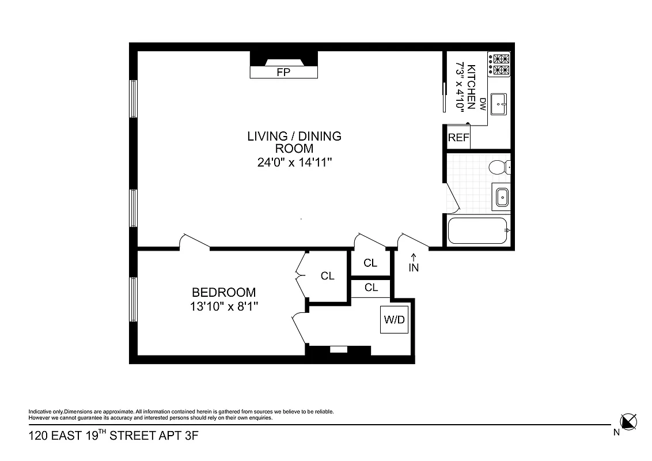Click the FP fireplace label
pyautogui.click(x=283, y=72)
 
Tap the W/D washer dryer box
pyautogui.click(x=394, y=320)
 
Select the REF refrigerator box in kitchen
pyautogui.click(x=458, y=138)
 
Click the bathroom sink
pyautogui.click(x=501, y=198)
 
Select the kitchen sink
pyautogui.click(x=499, y=104)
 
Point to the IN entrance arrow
pyautogui.click(x=414, y=262)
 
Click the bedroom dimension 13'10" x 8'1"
pyautogui.click(x=223, y=307)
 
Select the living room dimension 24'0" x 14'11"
pyautogui.click(x=295, y=163)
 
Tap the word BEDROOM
pyautogui.click(x=223, y=293)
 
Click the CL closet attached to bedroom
pyautogui.click(x=327, y=276)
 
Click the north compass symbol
pyautogui.click(x=628, y=421)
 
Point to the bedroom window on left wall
pyautogui.click(x=134, y=299)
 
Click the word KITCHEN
pyautogui.click(x=471, y=86)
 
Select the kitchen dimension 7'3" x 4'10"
pyautogui.click(x=460, y=86)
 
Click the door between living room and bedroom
pyautogui.click(x=194, y=242)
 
